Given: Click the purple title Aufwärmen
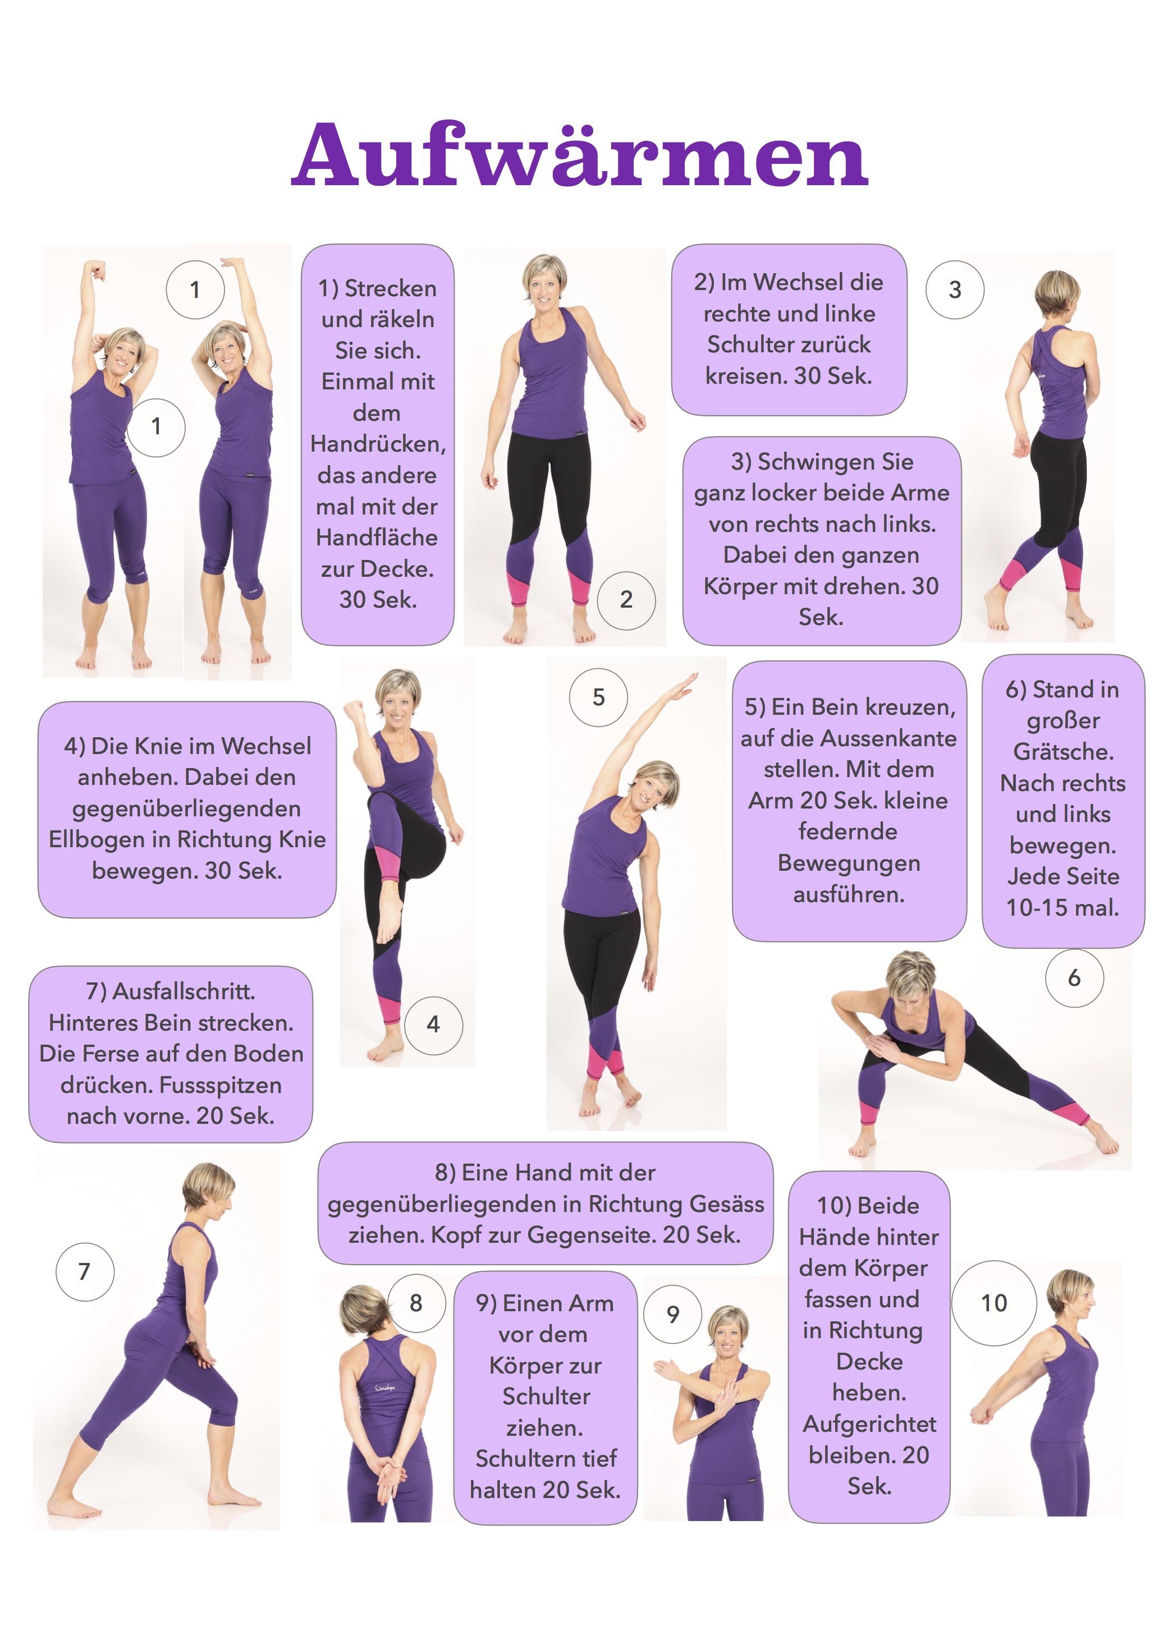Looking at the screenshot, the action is point(579,155).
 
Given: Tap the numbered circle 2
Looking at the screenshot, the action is point(626,600).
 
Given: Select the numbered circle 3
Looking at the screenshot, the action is point(955,290).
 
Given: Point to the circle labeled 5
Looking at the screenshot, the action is point(598,697).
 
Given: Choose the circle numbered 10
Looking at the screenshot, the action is point(994,1303).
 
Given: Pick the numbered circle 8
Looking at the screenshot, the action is point(416,1303).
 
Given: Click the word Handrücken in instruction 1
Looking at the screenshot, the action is point(378,444).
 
